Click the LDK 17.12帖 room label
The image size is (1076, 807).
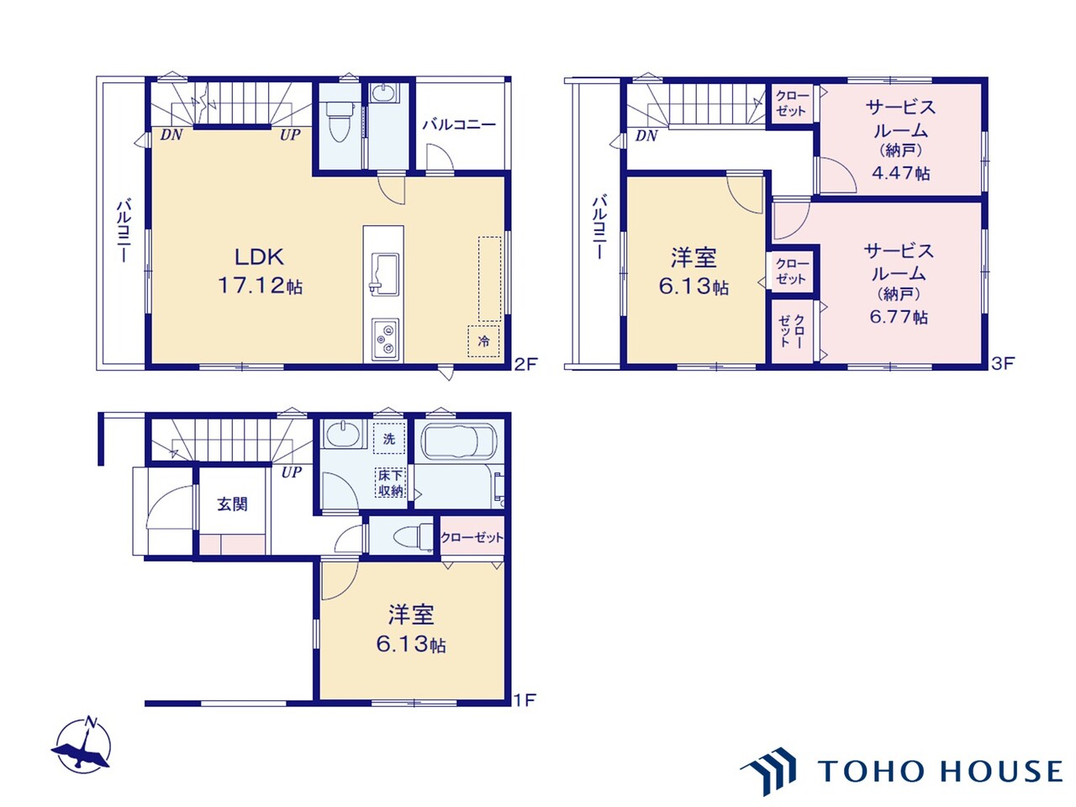(x=260, y=271)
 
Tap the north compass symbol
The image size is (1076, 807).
(x=82, y=745)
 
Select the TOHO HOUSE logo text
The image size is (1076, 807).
(x=940, y=770)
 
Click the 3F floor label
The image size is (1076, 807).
(x=1003, y=364)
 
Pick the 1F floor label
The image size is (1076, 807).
(x=525, y=699)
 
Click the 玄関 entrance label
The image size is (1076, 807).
(x=232, y=504)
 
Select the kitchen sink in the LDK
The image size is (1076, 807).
(x=383, y=272)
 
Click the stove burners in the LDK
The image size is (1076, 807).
(x=385, y=339)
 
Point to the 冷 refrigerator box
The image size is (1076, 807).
(x=483, y=340)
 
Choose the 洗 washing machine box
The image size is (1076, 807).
(x=389, y=439)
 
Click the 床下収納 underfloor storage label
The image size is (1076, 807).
(x=390, y=483)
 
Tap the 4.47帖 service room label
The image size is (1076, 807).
(x=899, y=140)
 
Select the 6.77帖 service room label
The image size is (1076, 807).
(x=898, y=283)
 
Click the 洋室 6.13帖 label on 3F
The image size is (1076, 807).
(x=693, y=271)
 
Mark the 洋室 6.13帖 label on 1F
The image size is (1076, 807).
(x=410, y=629)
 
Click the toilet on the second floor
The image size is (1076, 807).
(x=339, y=124)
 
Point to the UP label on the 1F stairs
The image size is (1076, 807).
(x=291, y=472)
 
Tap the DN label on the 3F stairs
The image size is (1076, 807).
(x=646, y=135)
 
